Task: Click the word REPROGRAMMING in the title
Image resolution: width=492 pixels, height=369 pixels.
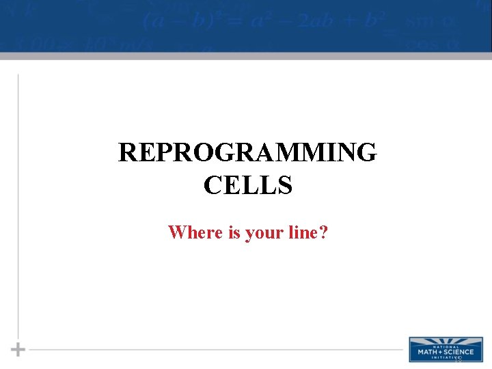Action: tap(247, 152)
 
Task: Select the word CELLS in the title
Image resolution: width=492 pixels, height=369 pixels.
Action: tap(247, 184)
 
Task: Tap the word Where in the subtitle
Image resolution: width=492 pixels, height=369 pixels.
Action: tap(195, 232)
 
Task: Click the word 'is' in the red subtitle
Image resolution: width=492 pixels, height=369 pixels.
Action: tap(234, 232)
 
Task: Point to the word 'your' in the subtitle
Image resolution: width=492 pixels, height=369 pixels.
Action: tap(264, 233)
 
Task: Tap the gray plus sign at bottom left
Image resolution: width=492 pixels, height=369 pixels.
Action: tap(18, 349)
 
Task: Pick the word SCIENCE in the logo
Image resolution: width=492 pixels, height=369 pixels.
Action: tap(456, 351)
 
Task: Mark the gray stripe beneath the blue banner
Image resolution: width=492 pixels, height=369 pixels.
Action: tap(246, 56)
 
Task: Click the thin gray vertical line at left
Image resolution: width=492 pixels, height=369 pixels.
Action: tap(18, 205)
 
